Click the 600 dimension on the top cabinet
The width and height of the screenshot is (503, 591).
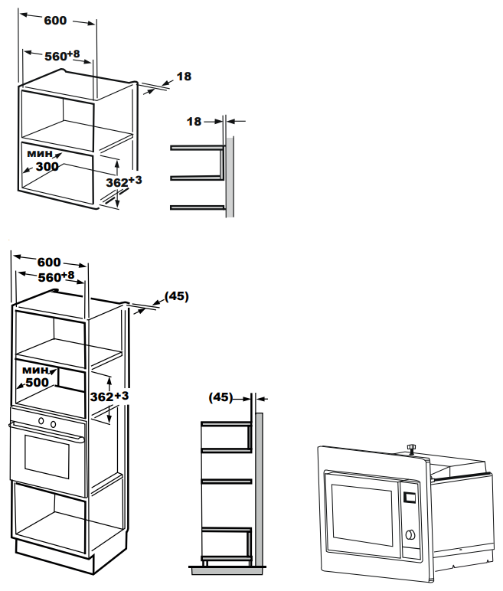[x=55, y=21]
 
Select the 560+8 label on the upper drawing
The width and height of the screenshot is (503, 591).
[x=62, y=55]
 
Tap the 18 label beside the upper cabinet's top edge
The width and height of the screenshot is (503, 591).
[x=184, y=77]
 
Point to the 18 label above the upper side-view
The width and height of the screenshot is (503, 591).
[x=194, y=122]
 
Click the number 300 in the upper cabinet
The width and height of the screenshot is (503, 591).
[x=47, y=166]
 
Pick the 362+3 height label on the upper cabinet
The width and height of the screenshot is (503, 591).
[x=124, y=181]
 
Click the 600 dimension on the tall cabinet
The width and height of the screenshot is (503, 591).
[x=49, y=262]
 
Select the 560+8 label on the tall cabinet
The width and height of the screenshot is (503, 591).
[x=56, y=276]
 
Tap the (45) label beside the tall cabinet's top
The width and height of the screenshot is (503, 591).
[x=177, y=296]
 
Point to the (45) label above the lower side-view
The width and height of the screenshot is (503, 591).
[x=221, y=397]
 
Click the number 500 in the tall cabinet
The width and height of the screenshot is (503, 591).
[x=37, y=382]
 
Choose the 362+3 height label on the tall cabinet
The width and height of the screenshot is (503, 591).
[x=109, y=396]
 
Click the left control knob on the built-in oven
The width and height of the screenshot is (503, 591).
[x=41, y=420]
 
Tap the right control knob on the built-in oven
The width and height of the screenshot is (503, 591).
[x=53, y=424]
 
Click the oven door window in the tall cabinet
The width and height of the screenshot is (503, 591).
[x=47, y=456]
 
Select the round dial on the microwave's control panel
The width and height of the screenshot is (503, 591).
[x=410, y=534]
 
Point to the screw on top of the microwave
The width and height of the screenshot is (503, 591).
[x=411, y=449]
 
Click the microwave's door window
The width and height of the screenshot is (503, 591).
[x=361, y=514]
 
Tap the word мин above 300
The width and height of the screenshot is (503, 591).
[x=40, y=153]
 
